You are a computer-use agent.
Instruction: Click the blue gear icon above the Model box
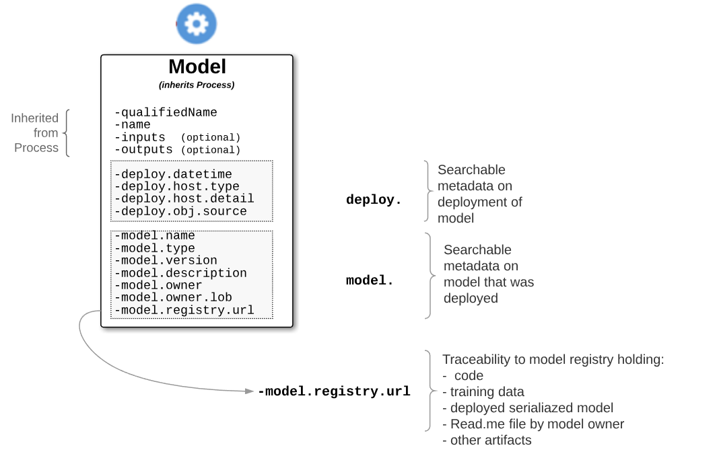click(x=197, y=24)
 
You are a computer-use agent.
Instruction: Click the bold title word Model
click(x=197, y=67)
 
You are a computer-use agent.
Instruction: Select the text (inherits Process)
click(x=197, y=85)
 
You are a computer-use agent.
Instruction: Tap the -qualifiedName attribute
click(x=166, y=112)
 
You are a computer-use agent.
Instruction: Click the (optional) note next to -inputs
click(x=210, y=138)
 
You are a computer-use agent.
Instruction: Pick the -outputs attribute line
click(x=143, y=150)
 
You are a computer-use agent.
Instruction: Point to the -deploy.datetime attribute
click(x=173, y=174)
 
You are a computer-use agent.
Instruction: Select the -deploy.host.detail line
click(x=184, y=198)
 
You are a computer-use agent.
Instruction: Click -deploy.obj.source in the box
click(x=180, y=211)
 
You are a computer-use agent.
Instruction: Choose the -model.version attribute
click(x=166, y=260)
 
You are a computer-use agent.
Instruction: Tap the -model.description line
click(x=180, y=273)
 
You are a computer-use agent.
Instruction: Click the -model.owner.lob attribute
click(x=173, y=297)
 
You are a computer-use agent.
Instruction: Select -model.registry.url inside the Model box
click(x=184, y=310)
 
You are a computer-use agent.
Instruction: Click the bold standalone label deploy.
click(x=374, y=200)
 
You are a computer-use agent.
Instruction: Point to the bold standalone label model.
click(x=370, y=281)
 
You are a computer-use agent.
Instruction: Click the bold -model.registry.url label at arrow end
click(x=334, y=391)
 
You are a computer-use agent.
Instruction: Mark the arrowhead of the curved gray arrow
click(x=250, y=391)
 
